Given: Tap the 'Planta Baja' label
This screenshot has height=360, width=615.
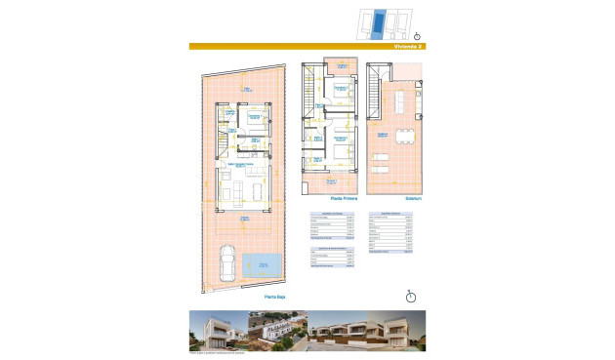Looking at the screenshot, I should [x=274, y=295].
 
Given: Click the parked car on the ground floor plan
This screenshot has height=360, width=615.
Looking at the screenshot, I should [x=225, y=261].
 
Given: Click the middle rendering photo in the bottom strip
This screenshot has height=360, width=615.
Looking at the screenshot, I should [x=279, y=331].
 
